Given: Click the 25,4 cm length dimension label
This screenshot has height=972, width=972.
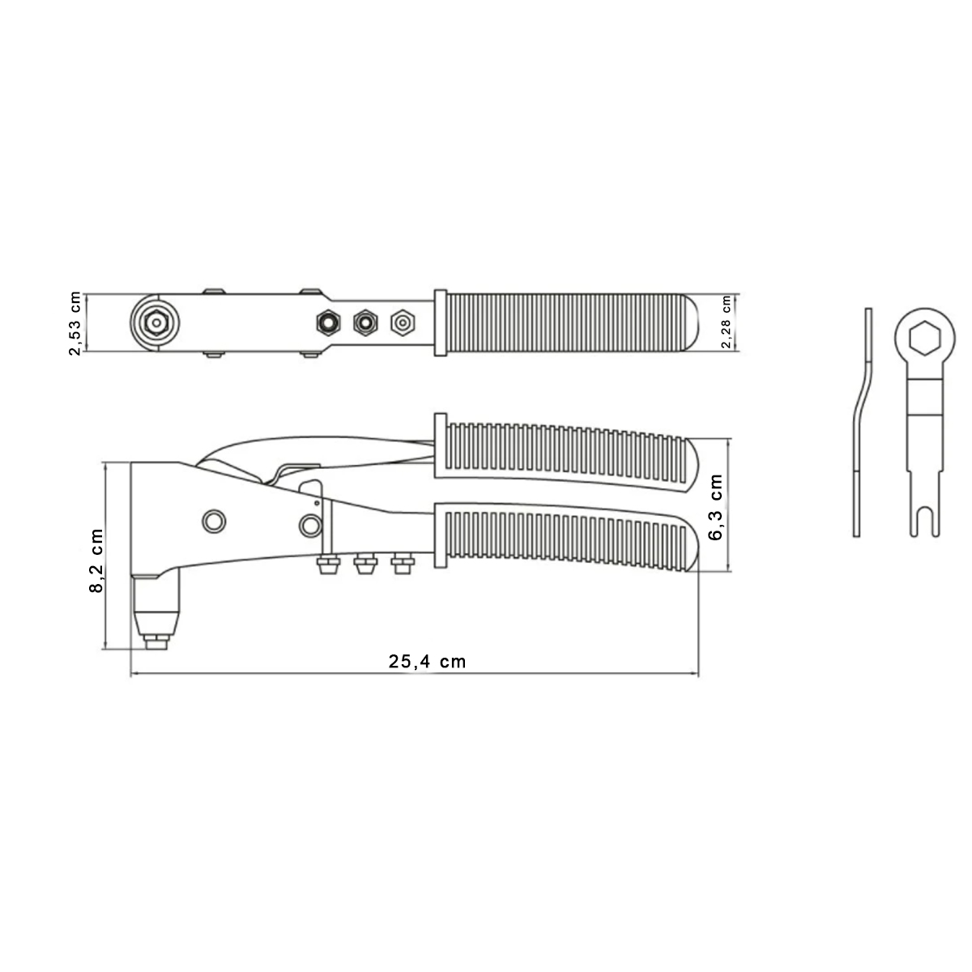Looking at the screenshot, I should point(428,661).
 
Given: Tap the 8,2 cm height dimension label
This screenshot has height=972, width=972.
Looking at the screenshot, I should point(96,561).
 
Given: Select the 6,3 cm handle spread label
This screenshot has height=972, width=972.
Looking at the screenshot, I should point(716,507).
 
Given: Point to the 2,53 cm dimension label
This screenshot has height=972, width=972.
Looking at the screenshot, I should point(75,322).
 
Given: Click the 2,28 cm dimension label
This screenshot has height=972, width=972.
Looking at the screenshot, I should point(726,322).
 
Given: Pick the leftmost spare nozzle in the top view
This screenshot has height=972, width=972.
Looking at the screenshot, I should point(326,322).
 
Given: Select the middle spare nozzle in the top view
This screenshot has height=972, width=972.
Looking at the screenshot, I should point(364,322).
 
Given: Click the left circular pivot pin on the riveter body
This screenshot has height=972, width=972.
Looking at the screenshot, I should point(214,521).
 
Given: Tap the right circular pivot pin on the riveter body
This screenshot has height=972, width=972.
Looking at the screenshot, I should point(308,526).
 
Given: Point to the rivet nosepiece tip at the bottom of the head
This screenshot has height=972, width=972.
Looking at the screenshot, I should point(154,642).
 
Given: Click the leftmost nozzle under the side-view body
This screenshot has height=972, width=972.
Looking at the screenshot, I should point(326,564).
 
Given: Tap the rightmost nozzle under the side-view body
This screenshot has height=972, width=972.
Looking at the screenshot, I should point(401,564).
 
